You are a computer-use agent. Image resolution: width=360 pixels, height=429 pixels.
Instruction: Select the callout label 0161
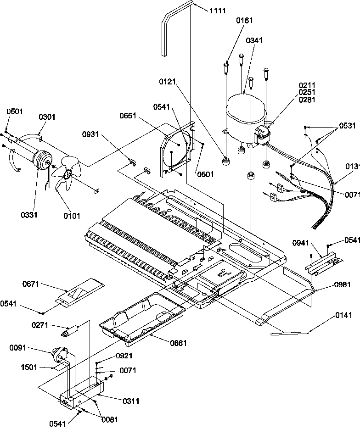[x=244, y=21]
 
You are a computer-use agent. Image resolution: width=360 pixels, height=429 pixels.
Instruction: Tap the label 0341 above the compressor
[x=254, y=40]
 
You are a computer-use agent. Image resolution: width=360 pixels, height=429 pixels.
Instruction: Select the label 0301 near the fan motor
[x=46, y=117]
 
